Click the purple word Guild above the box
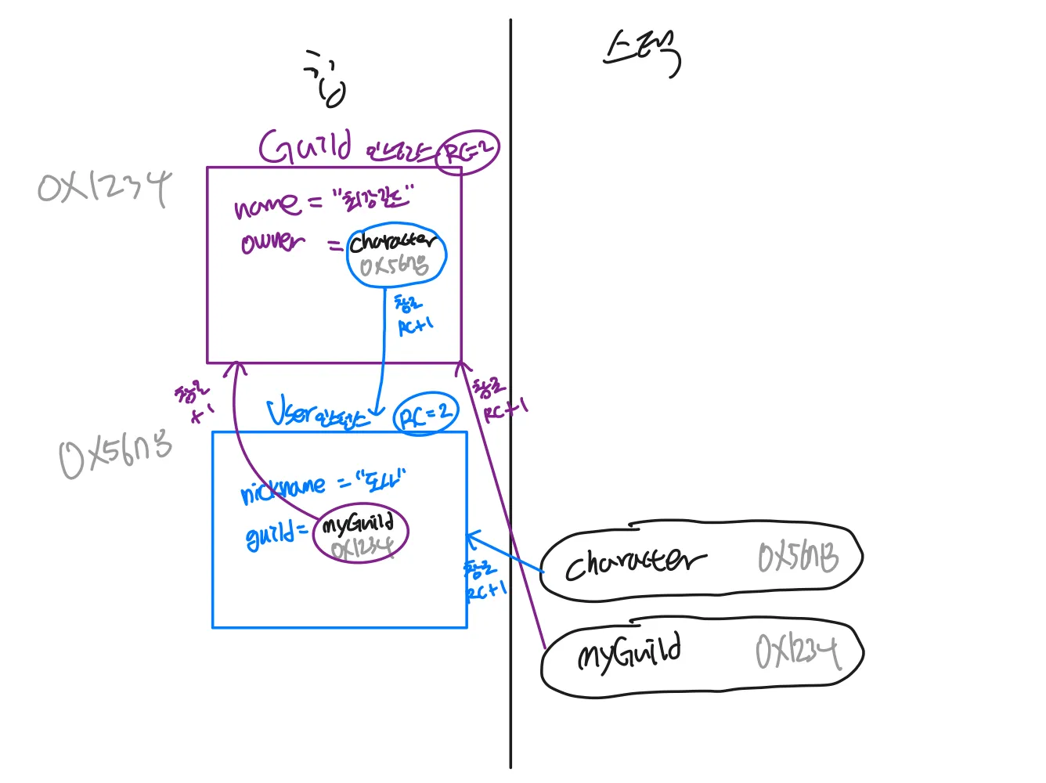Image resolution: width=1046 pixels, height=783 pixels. [305, 146]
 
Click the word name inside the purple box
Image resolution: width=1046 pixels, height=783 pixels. [266, 205]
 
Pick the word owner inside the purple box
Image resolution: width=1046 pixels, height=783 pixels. [272, 242]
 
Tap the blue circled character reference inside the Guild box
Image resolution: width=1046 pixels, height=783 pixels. [396, 254]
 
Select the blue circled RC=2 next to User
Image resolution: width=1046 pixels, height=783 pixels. [425, 414]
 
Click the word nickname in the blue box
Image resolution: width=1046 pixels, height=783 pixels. [282, 490]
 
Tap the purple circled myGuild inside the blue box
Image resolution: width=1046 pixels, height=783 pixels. [360, 535]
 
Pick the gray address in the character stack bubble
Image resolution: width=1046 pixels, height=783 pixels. [797, 558]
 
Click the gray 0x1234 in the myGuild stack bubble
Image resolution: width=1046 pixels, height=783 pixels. [797, 651]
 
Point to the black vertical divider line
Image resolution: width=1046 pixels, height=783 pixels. [510, 235]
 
